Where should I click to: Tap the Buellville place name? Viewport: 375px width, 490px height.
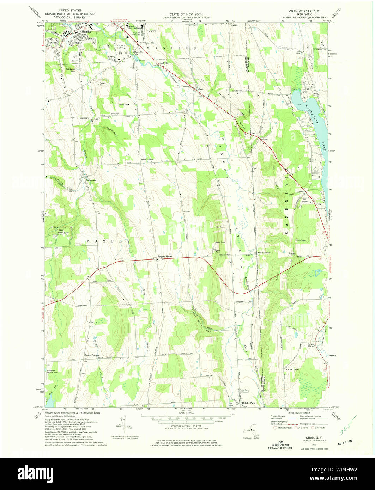(164, 63)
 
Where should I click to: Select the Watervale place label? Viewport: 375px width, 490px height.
(91, 180)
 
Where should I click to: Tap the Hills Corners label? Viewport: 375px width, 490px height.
(224, 254)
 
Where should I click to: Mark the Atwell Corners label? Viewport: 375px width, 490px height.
(264, 253)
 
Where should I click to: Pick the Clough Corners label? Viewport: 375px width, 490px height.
(91, 355)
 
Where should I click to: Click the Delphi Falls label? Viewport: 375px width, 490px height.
(248, 403)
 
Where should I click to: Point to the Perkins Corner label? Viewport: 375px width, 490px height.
(311, 345)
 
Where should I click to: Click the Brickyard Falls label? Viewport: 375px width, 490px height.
(71, 70)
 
